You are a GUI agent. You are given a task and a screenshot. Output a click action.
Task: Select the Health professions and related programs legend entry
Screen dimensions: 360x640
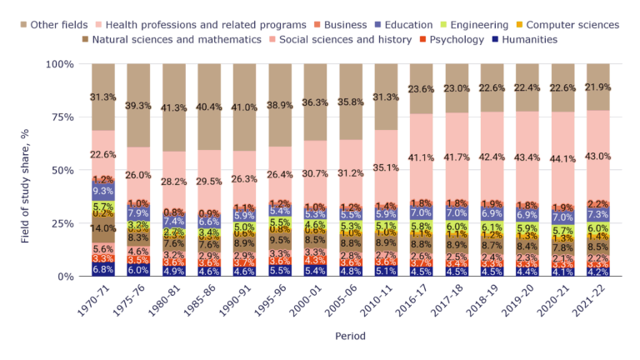pos(208,25)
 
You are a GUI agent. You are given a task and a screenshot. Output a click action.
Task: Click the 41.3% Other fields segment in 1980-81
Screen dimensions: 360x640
pos(174,107)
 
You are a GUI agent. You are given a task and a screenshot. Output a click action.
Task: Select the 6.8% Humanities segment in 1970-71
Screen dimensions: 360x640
pos(103,269)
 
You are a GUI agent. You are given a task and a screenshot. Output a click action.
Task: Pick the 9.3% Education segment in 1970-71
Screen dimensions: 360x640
pos(103,192)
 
